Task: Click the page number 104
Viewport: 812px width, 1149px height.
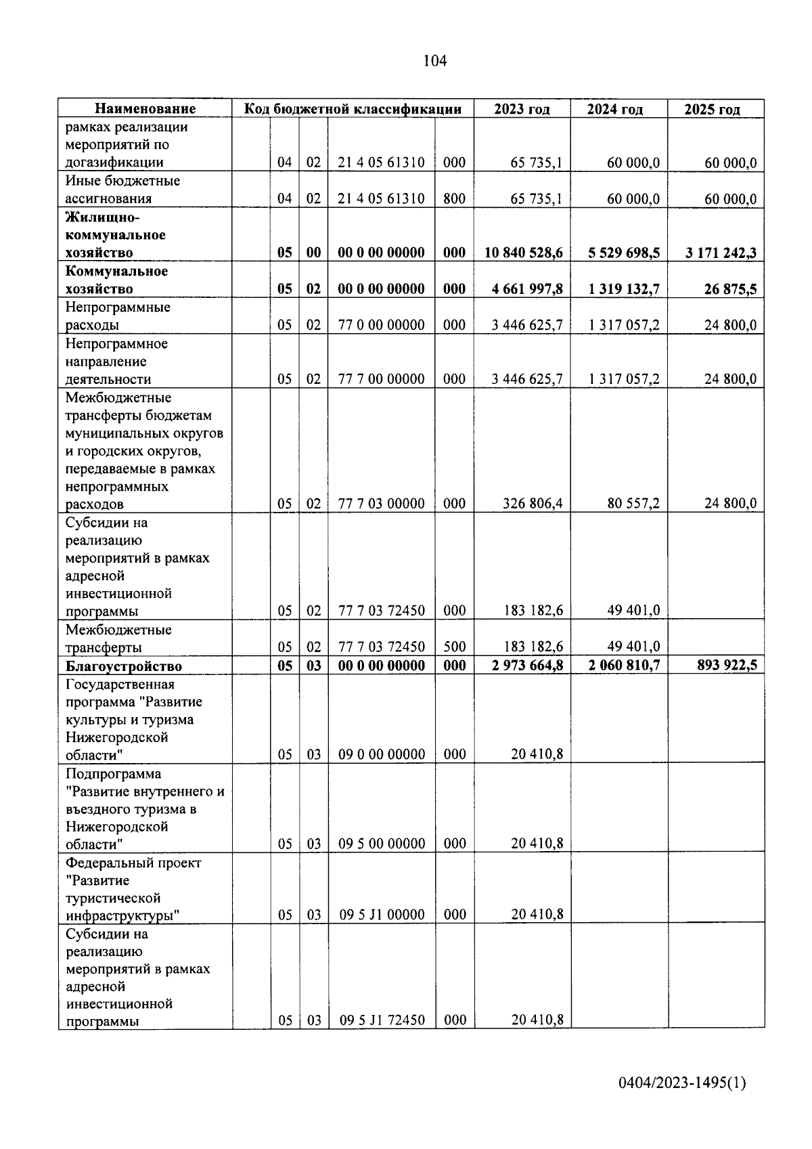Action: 434,61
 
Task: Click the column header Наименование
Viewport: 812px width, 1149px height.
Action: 145,109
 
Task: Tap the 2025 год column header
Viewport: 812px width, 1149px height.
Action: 712,109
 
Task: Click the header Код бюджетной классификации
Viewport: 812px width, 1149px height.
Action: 353,109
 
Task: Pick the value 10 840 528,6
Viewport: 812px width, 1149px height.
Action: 524,253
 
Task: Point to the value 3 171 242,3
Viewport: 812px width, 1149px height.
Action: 721,253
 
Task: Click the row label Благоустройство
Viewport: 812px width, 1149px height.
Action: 124,666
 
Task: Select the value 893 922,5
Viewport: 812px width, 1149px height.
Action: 727,665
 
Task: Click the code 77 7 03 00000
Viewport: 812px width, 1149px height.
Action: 382,504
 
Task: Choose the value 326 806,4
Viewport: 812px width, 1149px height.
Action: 533,504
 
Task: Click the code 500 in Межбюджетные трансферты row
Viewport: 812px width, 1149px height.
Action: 454,647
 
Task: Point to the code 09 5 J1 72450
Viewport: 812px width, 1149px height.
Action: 382,1020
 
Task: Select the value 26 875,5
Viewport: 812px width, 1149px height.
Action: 730,288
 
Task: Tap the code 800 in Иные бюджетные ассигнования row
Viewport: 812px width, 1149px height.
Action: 454,198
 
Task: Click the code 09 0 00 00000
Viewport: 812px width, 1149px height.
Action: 382,754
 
